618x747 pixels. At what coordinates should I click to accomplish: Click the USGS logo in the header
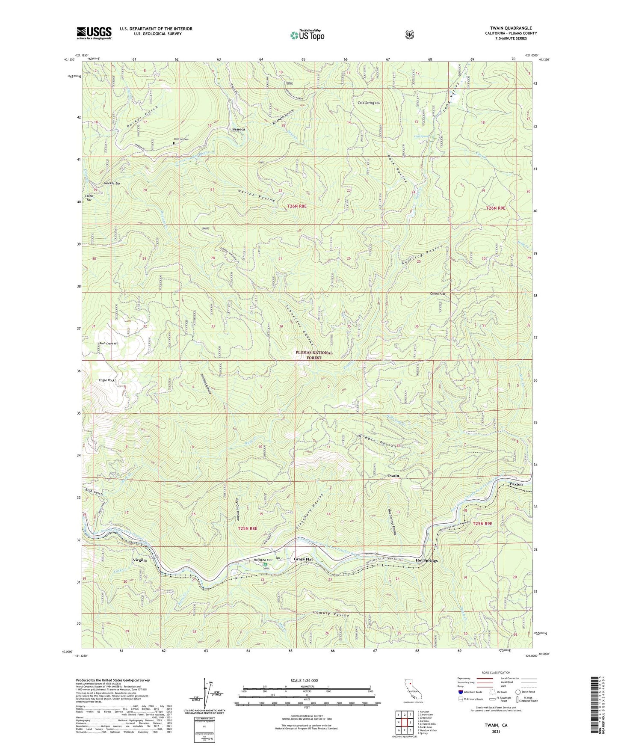(94, 33)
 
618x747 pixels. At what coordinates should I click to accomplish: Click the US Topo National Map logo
(307, 35)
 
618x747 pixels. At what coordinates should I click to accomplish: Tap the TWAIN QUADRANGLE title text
(511, 28)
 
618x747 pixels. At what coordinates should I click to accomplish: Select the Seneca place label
(239, 129)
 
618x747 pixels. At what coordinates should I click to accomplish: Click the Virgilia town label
(139, 560)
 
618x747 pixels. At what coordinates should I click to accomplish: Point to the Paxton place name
(516, 484)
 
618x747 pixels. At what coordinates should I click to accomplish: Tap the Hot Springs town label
(426, 560)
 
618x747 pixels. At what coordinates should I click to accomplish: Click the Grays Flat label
(303, 559)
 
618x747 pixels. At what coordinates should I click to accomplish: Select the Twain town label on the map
(393, 476)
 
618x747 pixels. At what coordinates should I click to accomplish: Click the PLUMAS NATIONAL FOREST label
(314, 355)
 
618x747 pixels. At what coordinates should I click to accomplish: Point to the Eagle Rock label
(106, 380)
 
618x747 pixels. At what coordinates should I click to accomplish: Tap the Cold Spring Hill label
(369, 103)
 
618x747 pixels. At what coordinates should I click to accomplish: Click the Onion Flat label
(438, 294)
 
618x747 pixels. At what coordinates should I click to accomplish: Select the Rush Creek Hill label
(109, 344)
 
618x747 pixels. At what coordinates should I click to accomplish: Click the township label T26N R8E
(297, 206)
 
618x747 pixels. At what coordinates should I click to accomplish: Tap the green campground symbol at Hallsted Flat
(265, 565)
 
